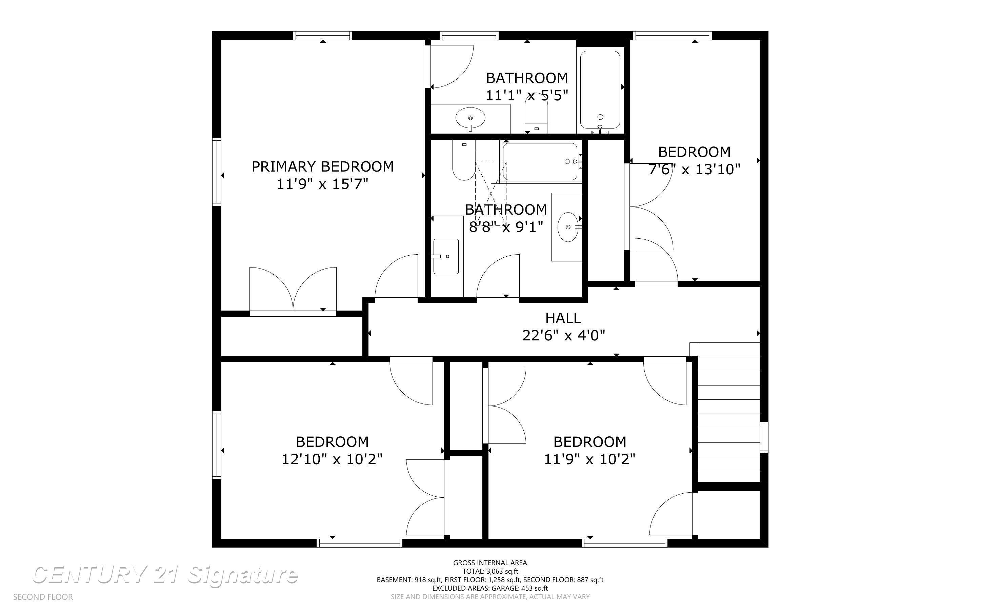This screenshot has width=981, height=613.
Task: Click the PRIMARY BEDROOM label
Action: [x=323, y=166]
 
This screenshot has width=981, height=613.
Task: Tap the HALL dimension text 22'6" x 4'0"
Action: [x=563, y=336]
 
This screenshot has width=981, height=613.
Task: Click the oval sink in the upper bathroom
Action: [x=470, y=118]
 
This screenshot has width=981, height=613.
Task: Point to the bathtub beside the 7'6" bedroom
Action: [x=600, y=89]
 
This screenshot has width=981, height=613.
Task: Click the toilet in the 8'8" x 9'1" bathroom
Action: [x=464, y=162]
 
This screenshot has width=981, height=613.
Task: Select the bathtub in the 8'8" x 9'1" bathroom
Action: [x=540, y=161]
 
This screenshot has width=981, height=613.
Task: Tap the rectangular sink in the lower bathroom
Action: [x=446, y=256]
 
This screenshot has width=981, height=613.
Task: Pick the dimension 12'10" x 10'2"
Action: [x=332, y=459]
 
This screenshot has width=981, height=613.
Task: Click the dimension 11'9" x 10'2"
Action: [x=589, y=459]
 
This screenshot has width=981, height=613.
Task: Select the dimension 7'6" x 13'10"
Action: [x=694, y=170]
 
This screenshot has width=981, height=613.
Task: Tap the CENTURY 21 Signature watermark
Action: [x=165, y=575]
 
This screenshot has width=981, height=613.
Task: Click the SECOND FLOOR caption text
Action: [x=43, y=597]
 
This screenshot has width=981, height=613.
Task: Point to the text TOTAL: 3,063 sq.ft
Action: [x=490, y=571]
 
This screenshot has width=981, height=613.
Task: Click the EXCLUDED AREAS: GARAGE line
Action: [x=490, y=588]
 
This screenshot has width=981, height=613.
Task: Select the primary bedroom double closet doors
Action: [x=293, y=290]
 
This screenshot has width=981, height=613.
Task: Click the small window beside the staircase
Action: [x=763, y=437]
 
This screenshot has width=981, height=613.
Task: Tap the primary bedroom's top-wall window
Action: [x=323, y=36]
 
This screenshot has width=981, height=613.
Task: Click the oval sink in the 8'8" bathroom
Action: [x=568, y=227]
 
